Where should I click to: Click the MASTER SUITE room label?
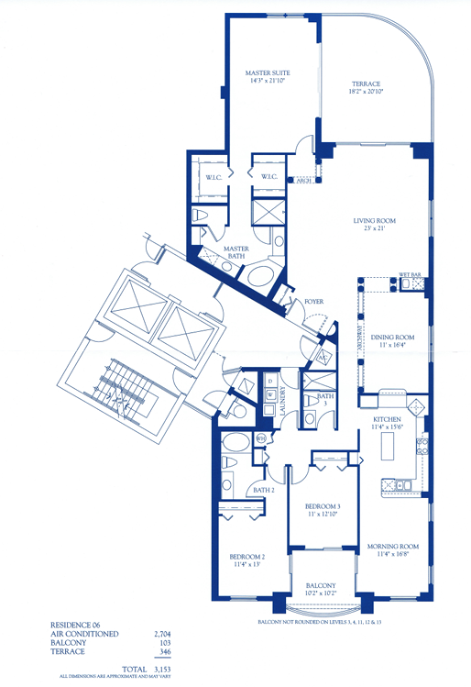[267, 72]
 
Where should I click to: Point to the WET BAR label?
[409, 274]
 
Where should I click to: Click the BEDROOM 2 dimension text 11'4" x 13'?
[246, 565]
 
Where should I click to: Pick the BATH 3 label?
[325, 398]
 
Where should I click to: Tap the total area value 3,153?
[165, 668]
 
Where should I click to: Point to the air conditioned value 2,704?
[165, 632]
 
